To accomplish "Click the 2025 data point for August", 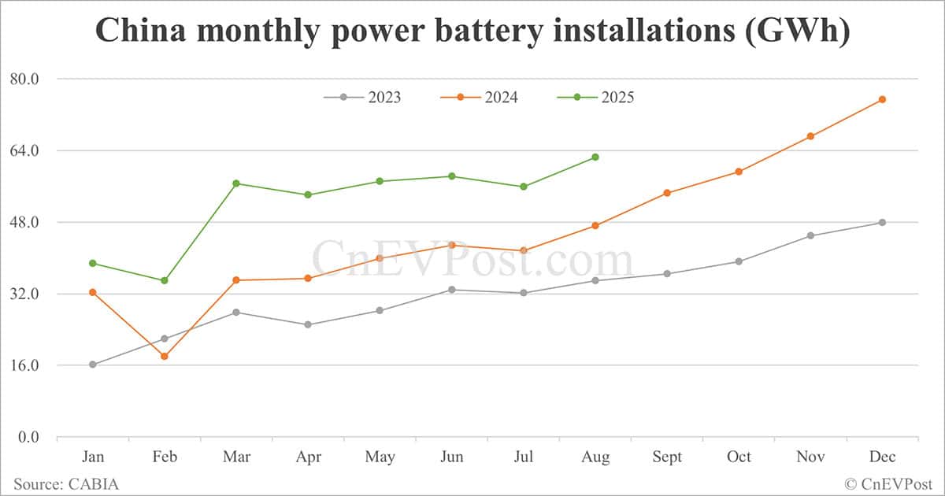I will [595, 157].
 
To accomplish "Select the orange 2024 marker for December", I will [882, 99].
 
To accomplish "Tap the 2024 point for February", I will [165, 357].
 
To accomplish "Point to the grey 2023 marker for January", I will [93, 365].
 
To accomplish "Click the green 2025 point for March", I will [236, 183].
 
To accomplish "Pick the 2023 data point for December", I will [882, 223].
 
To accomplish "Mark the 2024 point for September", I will [667, 193].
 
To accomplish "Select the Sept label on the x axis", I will [667, 457].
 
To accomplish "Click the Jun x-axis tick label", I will [452, 457].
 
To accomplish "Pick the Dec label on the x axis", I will [882, 457].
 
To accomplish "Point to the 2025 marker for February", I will [165, 280].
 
